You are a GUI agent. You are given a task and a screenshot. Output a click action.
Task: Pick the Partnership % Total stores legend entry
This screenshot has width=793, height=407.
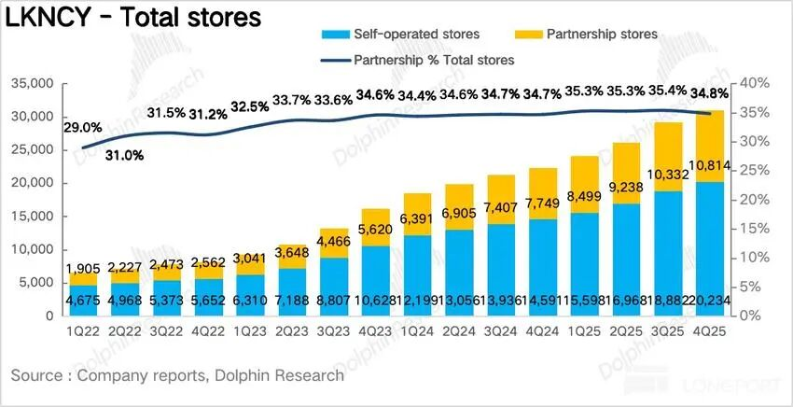(x=434, y=59)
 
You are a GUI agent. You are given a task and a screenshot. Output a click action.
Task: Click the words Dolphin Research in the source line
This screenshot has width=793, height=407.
(x=281, y=375)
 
